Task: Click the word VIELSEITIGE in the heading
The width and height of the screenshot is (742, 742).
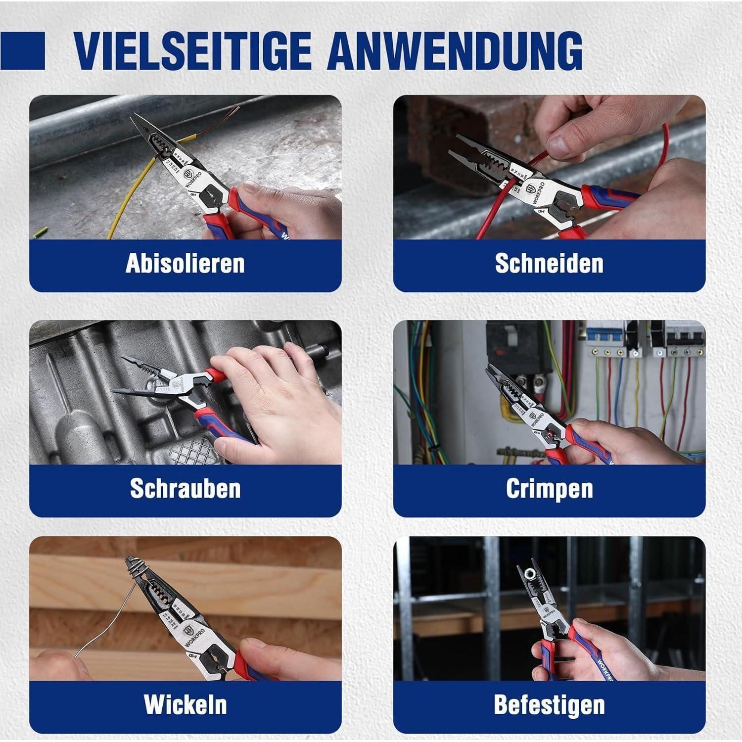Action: click(193, 50)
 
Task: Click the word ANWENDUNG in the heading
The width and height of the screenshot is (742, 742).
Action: click(455, 50)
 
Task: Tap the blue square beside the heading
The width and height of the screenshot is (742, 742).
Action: click(22, 51)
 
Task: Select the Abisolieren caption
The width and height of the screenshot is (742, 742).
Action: click(185, 263)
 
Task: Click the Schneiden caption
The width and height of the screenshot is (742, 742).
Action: click(549, 263)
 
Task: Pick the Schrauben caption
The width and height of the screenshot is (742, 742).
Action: click(185, 488)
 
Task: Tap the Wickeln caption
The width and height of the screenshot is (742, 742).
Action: click(185, 704)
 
